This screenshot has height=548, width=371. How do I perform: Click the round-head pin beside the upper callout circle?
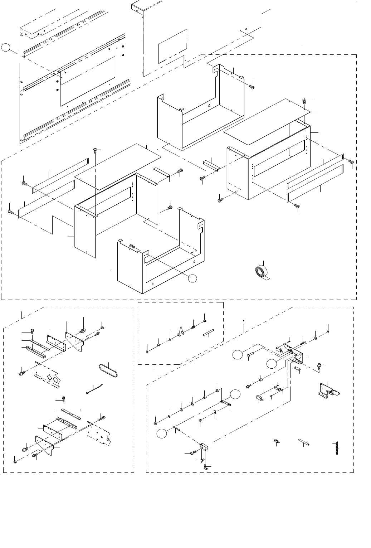tap(249, 354)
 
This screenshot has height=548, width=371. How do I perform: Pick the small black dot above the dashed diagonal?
tap(243, 321)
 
